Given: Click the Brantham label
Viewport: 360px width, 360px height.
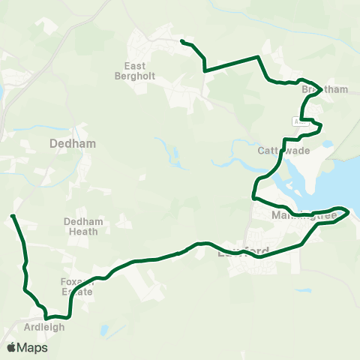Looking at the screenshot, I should coord(325,89).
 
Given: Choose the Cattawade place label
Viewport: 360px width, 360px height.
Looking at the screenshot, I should coord(279,150).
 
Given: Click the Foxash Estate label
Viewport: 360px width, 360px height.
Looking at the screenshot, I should coord(76,286).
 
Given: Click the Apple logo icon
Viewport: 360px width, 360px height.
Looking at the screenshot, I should coord(12,347).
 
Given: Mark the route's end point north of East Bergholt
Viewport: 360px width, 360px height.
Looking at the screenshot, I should coord(182,40).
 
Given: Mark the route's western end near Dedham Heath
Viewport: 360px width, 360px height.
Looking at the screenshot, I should coord(13,216).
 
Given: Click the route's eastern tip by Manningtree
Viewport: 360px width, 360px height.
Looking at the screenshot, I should coord(349,212).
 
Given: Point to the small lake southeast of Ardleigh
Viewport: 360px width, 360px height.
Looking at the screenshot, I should coord(103,330).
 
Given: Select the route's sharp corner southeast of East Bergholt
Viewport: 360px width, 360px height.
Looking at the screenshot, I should coord(204,70).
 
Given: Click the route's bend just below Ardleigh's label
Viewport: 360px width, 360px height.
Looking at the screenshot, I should coord(46,316).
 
